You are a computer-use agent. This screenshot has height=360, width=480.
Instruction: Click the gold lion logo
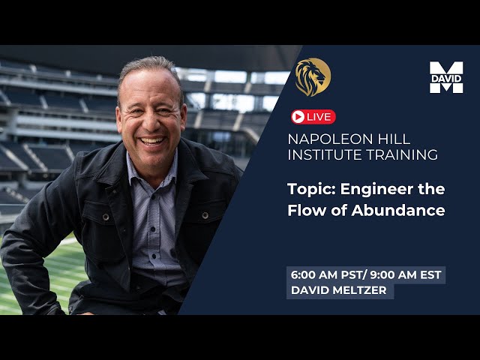313,76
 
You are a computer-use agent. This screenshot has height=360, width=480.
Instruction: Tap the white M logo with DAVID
446,77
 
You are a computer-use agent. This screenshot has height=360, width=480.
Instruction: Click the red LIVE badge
313,117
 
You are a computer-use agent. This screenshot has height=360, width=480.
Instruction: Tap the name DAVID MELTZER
340,290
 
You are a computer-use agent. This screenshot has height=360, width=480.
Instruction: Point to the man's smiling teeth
153,140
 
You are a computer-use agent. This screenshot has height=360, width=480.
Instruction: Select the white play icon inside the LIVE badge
298,117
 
